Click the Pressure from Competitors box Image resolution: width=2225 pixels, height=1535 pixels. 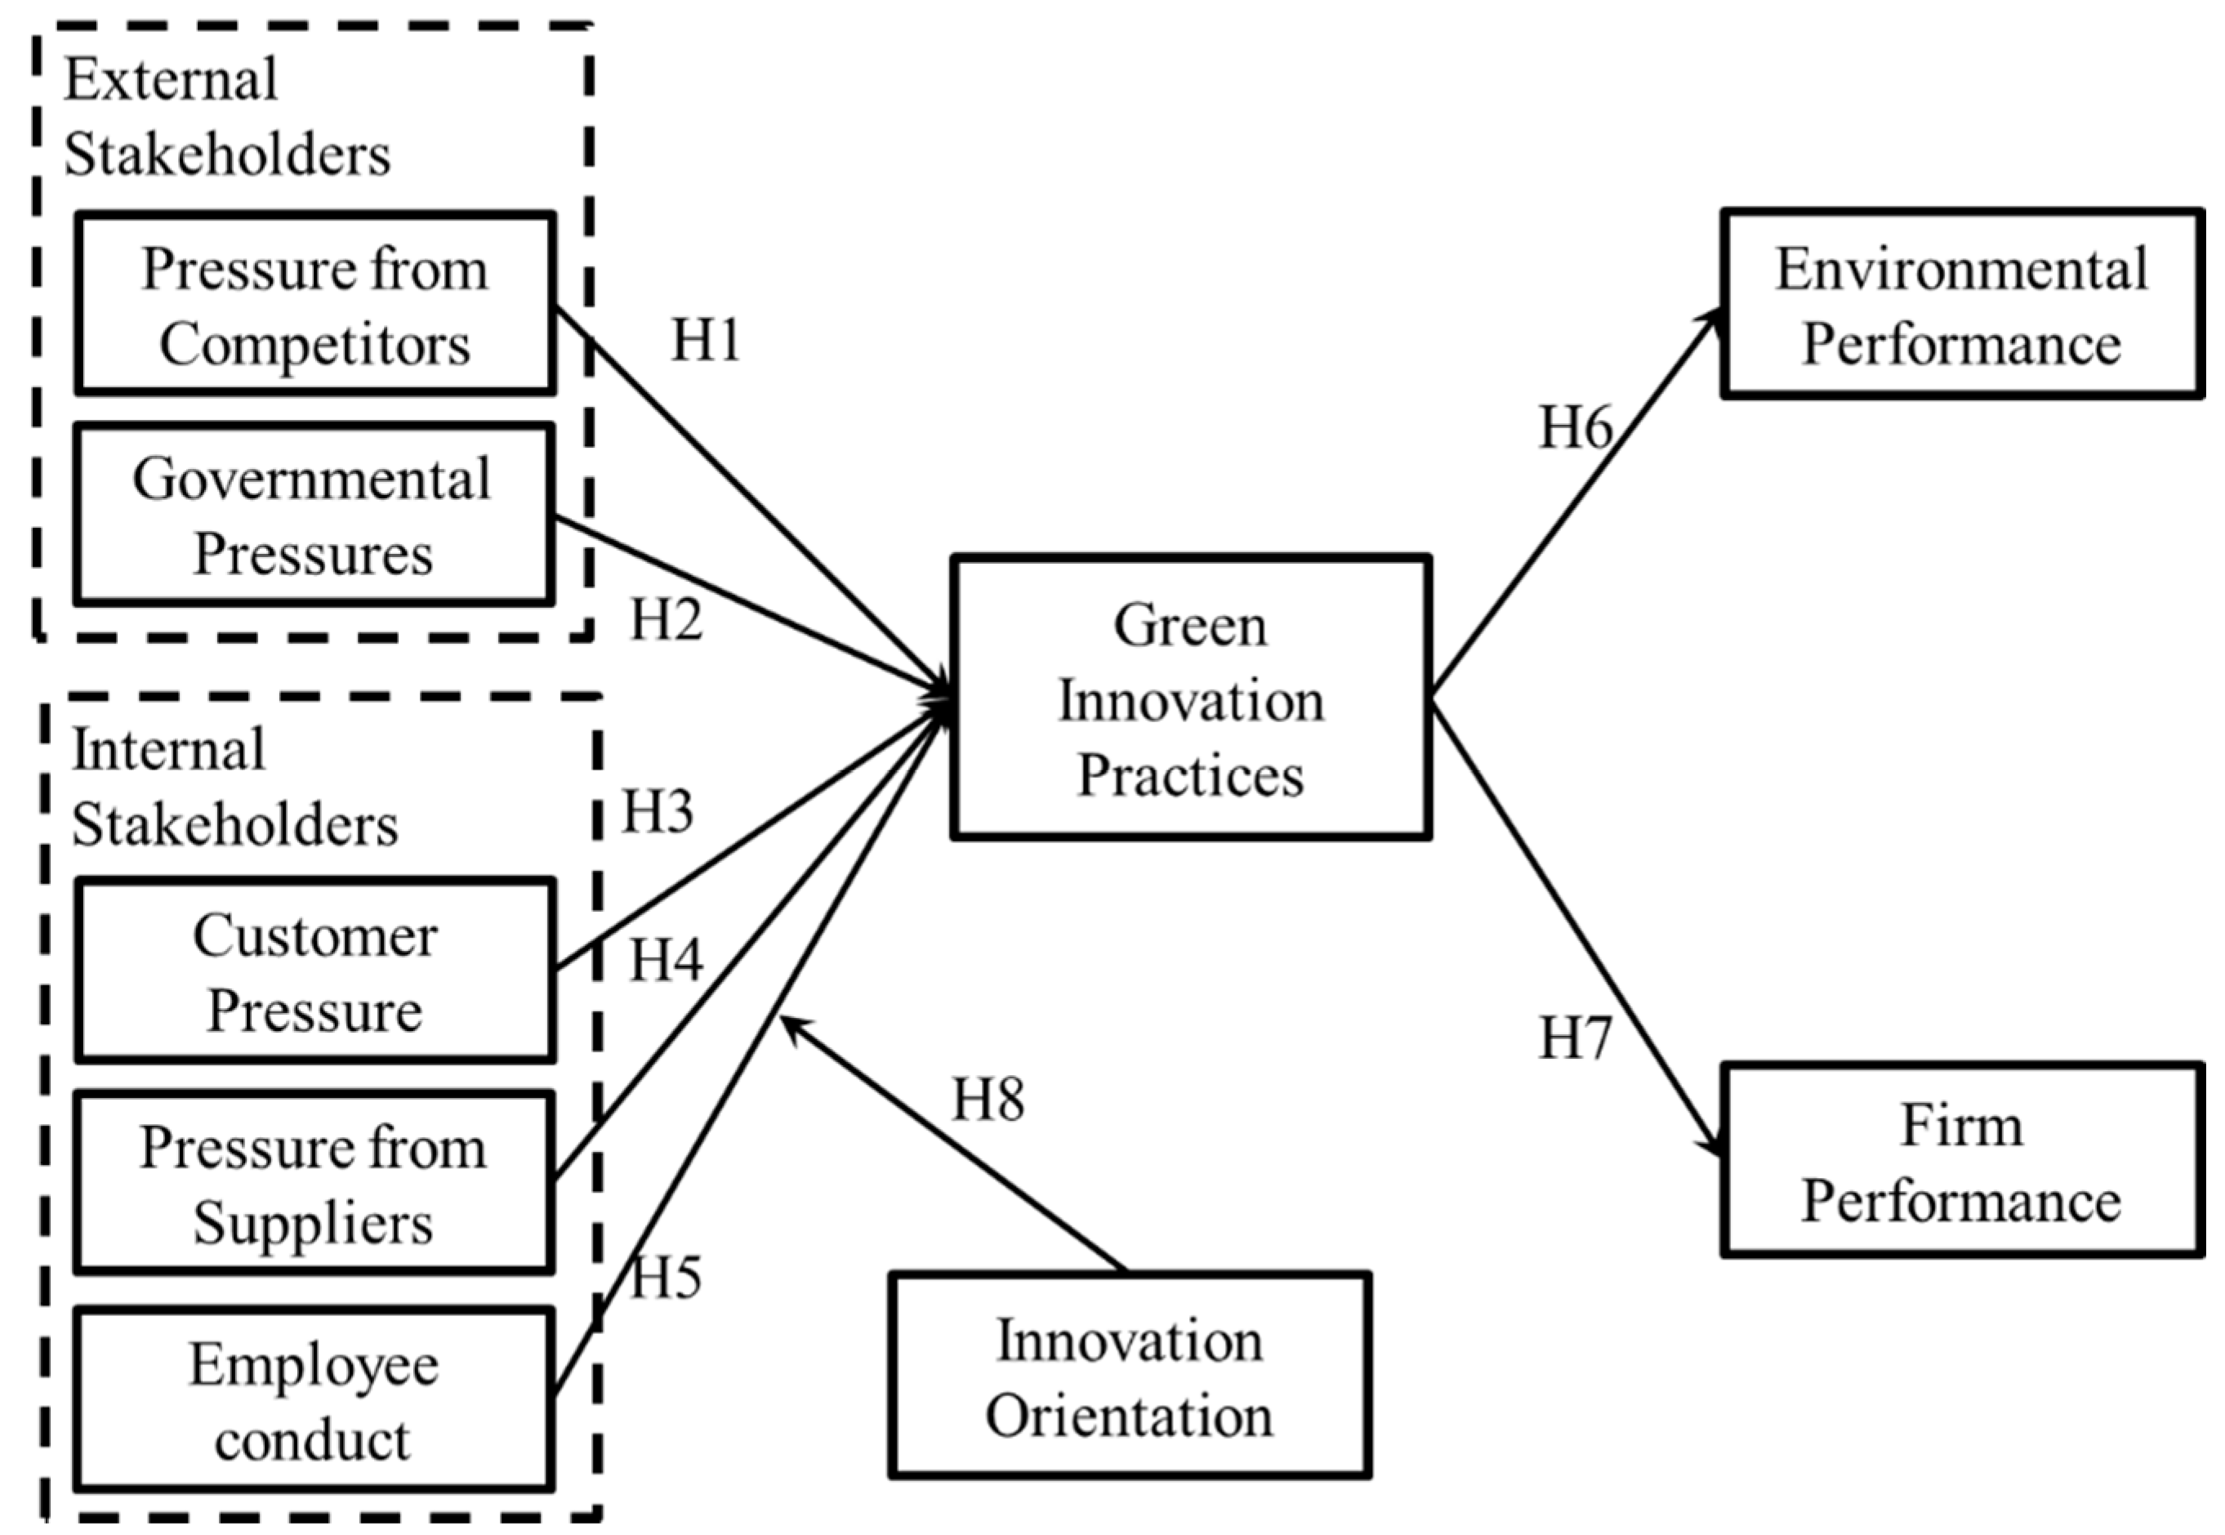click(315, 304)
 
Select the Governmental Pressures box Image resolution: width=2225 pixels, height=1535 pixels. click(314, 515)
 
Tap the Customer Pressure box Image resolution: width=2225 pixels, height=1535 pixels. click(315, 971)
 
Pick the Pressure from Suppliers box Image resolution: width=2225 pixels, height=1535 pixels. click(314, 1183)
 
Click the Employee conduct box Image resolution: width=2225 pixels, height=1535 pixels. click(314, 1400)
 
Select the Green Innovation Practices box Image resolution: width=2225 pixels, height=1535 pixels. click(1190, 698)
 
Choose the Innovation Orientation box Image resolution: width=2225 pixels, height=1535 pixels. click(1129, 1377)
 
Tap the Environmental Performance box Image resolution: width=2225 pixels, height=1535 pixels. click(1961, 304)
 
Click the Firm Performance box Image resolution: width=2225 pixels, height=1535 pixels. click(1961, 1160)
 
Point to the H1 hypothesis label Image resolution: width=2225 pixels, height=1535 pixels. click(706, 340)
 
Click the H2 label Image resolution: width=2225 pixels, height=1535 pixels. click(667, 618)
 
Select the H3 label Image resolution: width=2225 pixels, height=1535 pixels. click(658, 810)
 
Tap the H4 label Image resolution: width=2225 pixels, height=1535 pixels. click(666, 959)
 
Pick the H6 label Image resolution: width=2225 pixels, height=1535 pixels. click(1575, 426)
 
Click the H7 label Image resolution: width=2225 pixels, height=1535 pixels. click(1575, 1037)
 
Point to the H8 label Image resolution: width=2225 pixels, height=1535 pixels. click(988, 1098)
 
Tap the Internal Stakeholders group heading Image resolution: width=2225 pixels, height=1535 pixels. click(234, 787)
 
